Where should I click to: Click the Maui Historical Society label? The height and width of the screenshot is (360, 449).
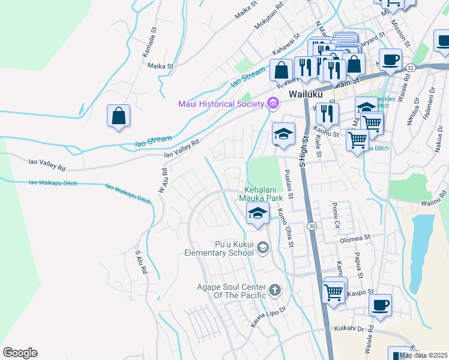tap(221, 104)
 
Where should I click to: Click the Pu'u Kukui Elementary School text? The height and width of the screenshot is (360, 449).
tap(219, 249)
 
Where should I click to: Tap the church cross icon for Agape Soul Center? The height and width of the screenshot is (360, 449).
tap(275, 290)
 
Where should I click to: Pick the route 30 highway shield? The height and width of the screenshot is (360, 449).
tap(311, 226)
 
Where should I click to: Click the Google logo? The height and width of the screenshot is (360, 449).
tap(20, 353)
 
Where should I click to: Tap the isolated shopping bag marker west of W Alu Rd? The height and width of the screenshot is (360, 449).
tap(119, 115)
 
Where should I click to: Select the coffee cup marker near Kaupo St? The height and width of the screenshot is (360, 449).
tap(380, 305)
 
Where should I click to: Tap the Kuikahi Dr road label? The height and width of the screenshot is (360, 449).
tap(349, 329)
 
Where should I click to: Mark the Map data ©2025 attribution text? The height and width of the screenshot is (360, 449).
tap(424, 355)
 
